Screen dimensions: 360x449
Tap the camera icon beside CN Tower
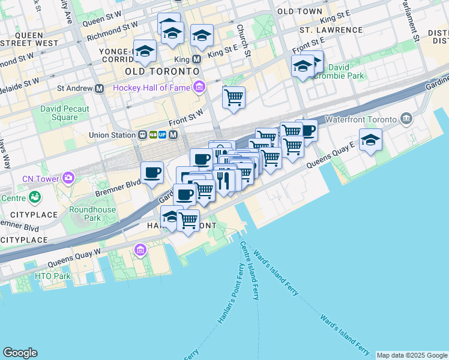(68, 178)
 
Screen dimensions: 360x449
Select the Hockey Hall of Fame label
(151, 87)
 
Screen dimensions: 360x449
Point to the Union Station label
(112, 135)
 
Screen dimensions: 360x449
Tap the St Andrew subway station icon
(99, 88)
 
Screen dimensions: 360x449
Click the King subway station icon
(196, 60)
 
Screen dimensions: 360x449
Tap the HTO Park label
(53, 277)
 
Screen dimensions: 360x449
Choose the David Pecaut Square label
(65, 113)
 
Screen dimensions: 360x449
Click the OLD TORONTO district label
(161, 71)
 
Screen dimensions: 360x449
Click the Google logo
(20, 353)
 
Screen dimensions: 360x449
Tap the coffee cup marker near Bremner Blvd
(152, 172)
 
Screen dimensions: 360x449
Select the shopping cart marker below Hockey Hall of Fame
(234, 97)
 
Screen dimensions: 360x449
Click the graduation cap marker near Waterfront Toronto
(371, 141)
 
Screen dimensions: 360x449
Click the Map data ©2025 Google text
(412, 355)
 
